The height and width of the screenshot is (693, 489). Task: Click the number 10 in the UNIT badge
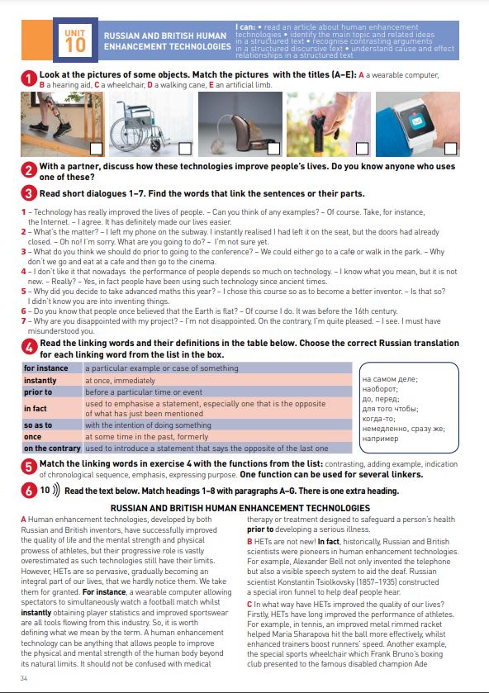75,45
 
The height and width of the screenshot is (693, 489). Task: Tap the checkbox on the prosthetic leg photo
96,149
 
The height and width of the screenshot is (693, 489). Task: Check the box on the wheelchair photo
185,149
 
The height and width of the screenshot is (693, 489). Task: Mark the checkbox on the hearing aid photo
273,149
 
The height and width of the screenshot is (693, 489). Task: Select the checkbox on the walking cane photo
362,149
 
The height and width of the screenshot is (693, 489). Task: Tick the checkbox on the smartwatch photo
450,149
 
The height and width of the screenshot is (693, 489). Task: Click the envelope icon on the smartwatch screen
417,121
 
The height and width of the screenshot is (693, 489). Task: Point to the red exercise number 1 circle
29,79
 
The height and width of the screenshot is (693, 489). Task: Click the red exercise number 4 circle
29,348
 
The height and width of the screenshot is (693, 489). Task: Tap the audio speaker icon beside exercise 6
55,490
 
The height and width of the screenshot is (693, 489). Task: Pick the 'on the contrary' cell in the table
52,449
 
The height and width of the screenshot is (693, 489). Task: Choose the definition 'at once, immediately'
121,381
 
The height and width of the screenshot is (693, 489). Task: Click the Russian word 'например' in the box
380,439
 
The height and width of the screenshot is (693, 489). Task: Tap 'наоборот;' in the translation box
380,389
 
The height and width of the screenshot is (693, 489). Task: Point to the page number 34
24,678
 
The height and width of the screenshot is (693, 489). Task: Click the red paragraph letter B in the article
249,542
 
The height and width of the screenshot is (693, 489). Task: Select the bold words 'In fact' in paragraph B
329,542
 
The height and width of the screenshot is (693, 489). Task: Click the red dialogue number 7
23,321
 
